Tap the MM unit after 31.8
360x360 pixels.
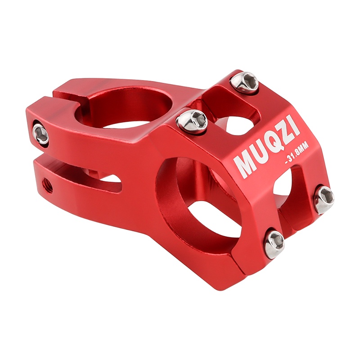[x=305, y=147]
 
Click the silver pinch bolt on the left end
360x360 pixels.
[x=40, y=134]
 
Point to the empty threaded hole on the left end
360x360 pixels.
[x=47, y=185]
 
